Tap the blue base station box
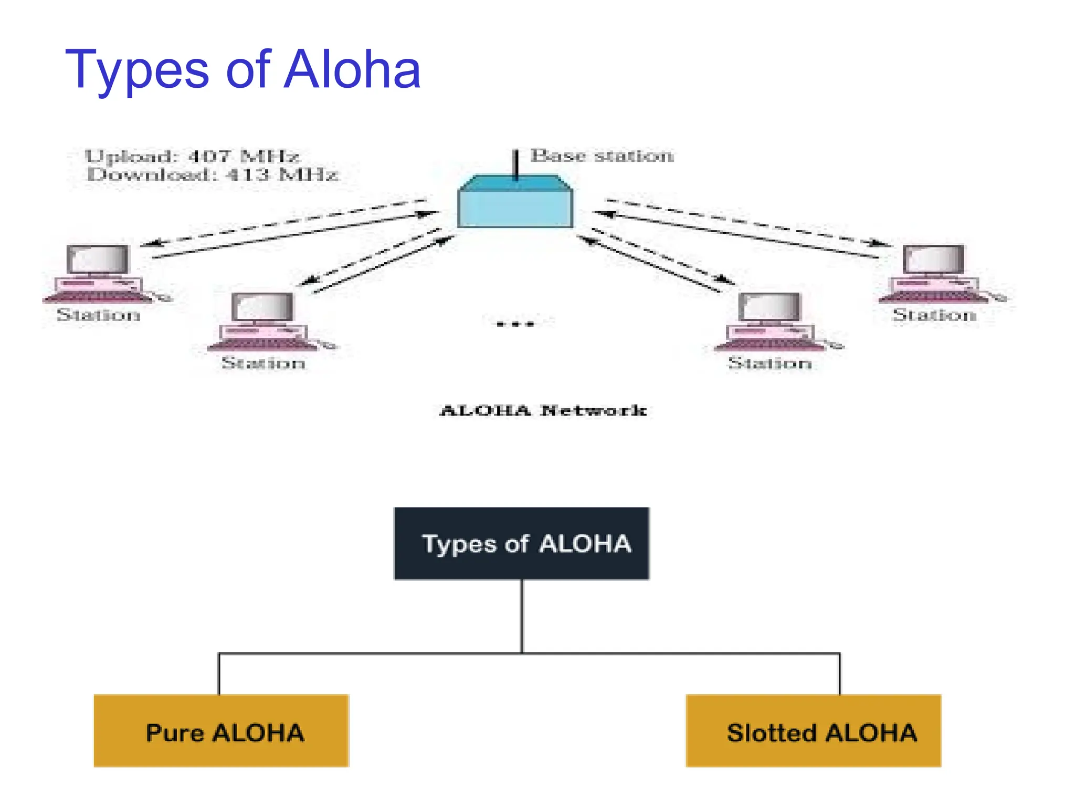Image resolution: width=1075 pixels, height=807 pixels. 515,208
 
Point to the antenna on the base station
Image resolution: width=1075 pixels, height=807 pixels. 516,163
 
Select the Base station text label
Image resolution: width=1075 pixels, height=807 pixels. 602,156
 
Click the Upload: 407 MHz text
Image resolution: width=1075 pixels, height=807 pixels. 192,156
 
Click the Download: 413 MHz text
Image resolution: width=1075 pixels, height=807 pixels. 212,174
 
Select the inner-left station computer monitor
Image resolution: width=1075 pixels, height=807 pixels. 262,307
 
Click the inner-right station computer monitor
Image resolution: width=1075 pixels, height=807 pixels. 770,307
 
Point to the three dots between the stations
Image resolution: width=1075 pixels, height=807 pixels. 515,324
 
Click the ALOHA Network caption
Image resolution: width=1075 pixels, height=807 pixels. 543,410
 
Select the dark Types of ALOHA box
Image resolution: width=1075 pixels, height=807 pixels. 521,543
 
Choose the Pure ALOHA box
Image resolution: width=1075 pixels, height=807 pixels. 221,731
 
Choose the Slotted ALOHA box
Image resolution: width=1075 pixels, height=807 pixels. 813,731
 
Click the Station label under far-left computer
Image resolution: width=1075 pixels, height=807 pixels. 99,315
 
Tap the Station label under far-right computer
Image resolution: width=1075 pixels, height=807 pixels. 934,315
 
